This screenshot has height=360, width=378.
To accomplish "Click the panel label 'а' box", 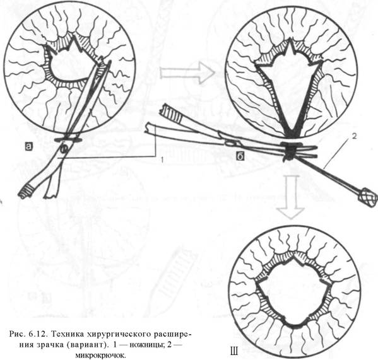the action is coord(28,146).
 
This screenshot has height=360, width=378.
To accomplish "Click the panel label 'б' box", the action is coord(240,156).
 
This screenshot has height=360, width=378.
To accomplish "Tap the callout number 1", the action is coord(162,160).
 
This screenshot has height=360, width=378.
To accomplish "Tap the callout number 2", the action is coord(354,136).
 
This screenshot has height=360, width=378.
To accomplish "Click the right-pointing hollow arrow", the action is coord(187,73).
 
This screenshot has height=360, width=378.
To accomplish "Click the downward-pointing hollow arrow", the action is coord(291,197).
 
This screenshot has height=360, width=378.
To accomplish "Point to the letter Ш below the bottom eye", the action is coord(233,352).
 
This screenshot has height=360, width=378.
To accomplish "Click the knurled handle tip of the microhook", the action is coord(368,195).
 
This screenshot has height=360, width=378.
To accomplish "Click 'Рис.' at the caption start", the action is coord(17,334).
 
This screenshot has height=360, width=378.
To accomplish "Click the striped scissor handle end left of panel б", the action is coord(170,111).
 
